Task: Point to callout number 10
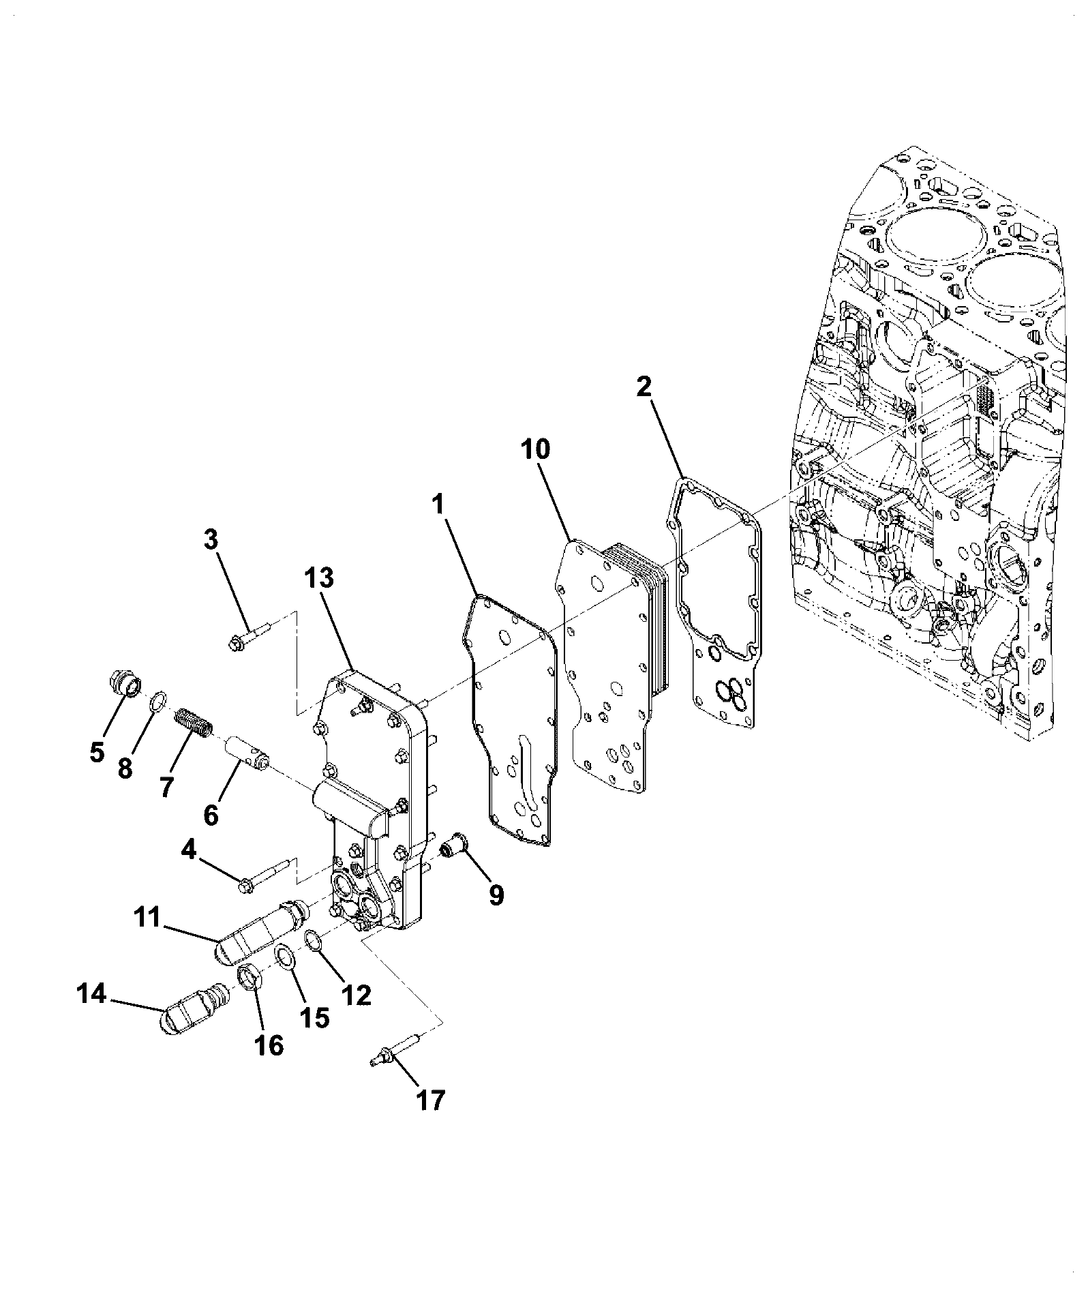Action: [x=535, y=449]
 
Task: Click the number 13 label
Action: [x=319, y=577]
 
